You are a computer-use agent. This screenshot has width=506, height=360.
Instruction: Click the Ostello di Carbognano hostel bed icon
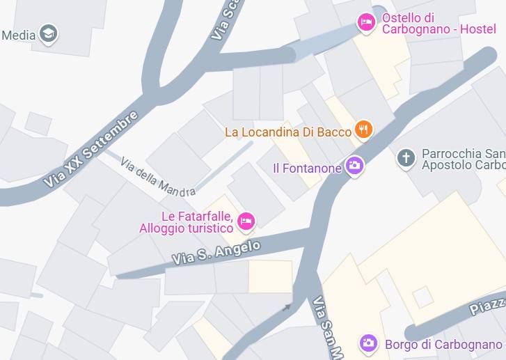click(366, 23)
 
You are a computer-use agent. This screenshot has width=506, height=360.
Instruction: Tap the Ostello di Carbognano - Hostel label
click(438, 23)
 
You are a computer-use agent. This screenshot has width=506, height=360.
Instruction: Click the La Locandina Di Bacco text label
click(288, 132)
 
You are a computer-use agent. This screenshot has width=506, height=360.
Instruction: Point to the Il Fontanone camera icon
click(355, 166)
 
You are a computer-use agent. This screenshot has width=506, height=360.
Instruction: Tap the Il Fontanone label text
click(307, 168)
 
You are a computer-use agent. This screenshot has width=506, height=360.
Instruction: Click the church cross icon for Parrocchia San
click(406, 157)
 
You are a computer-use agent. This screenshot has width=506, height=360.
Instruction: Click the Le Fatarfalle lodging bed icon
click(246, 221)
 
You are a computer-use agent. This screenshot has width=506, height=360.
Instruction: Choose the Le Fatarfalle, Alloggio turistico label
click(187, 222)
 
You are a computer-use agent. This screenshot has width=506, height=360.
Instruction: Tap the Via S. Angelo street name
click(216, 253)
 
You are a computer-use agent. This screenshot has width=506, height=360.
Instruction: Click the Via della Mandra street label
click(157, 176)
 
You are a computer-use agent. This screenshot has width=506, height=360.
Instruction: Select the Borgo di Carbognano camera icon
click(368, 343)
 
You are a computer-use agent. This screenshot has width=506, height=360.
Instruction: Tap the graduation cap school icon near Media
click(48, 33)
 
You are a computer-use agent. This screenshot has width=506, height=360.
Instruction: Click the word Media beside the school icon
click(19, 35)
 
